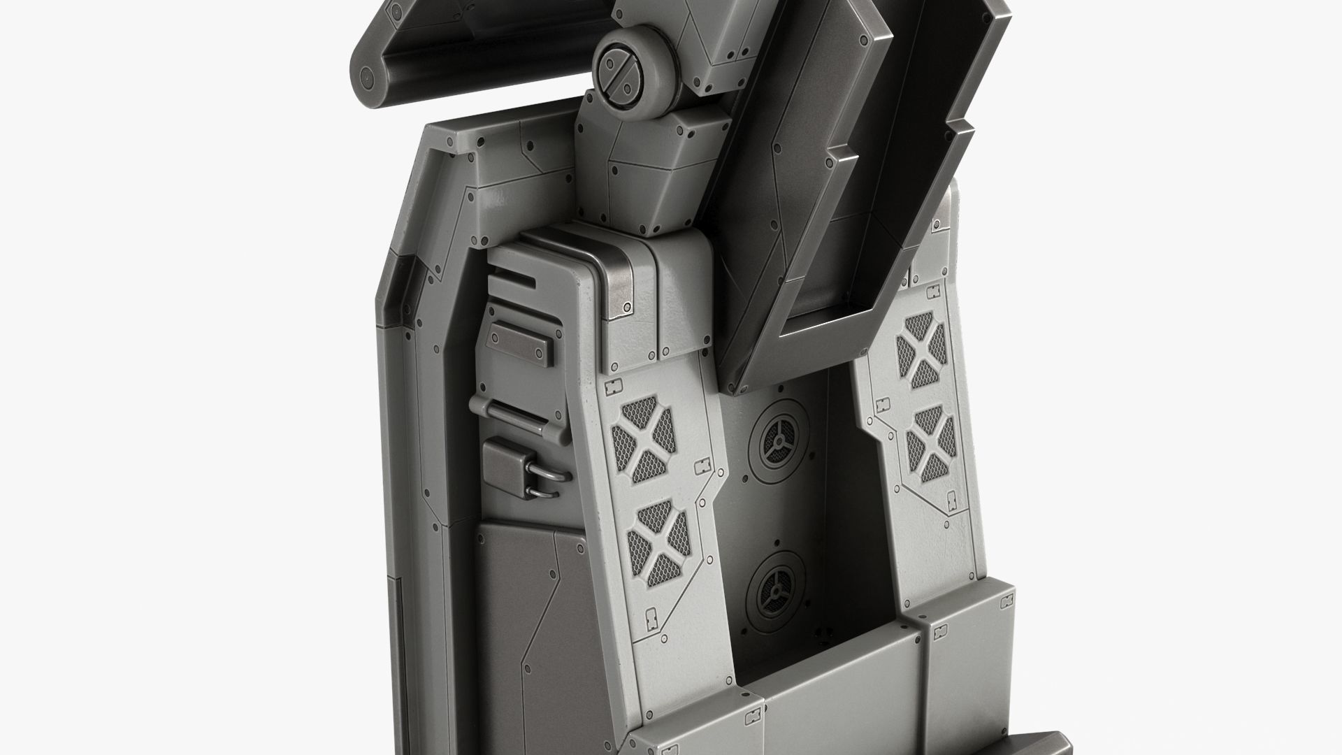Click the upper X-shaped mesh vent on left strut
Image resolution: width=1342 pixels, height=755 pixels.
(x=644, y=439)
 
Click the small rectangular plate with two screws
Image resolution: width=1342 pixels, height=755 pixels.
(x=517, y=345)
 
